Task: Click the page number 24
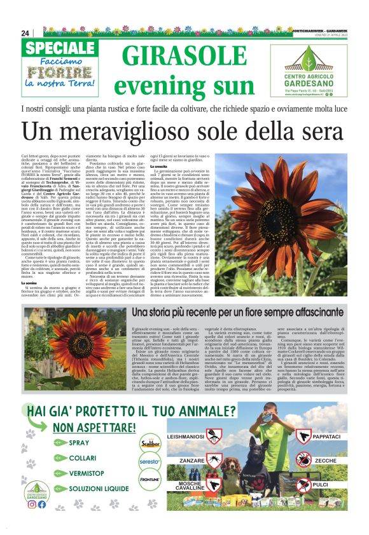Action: pos(25,33)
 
